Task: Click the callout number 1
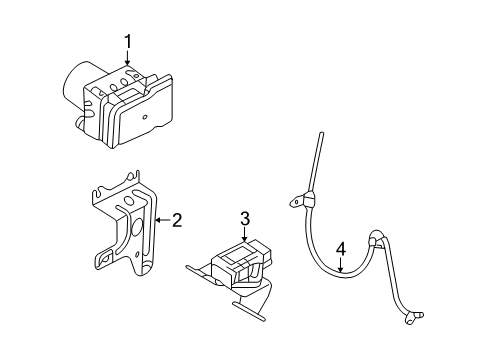tap(128, 42)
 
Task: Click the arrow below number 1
tap(128, 60)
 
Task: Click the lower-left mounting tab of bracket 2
tap(104, 262)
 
